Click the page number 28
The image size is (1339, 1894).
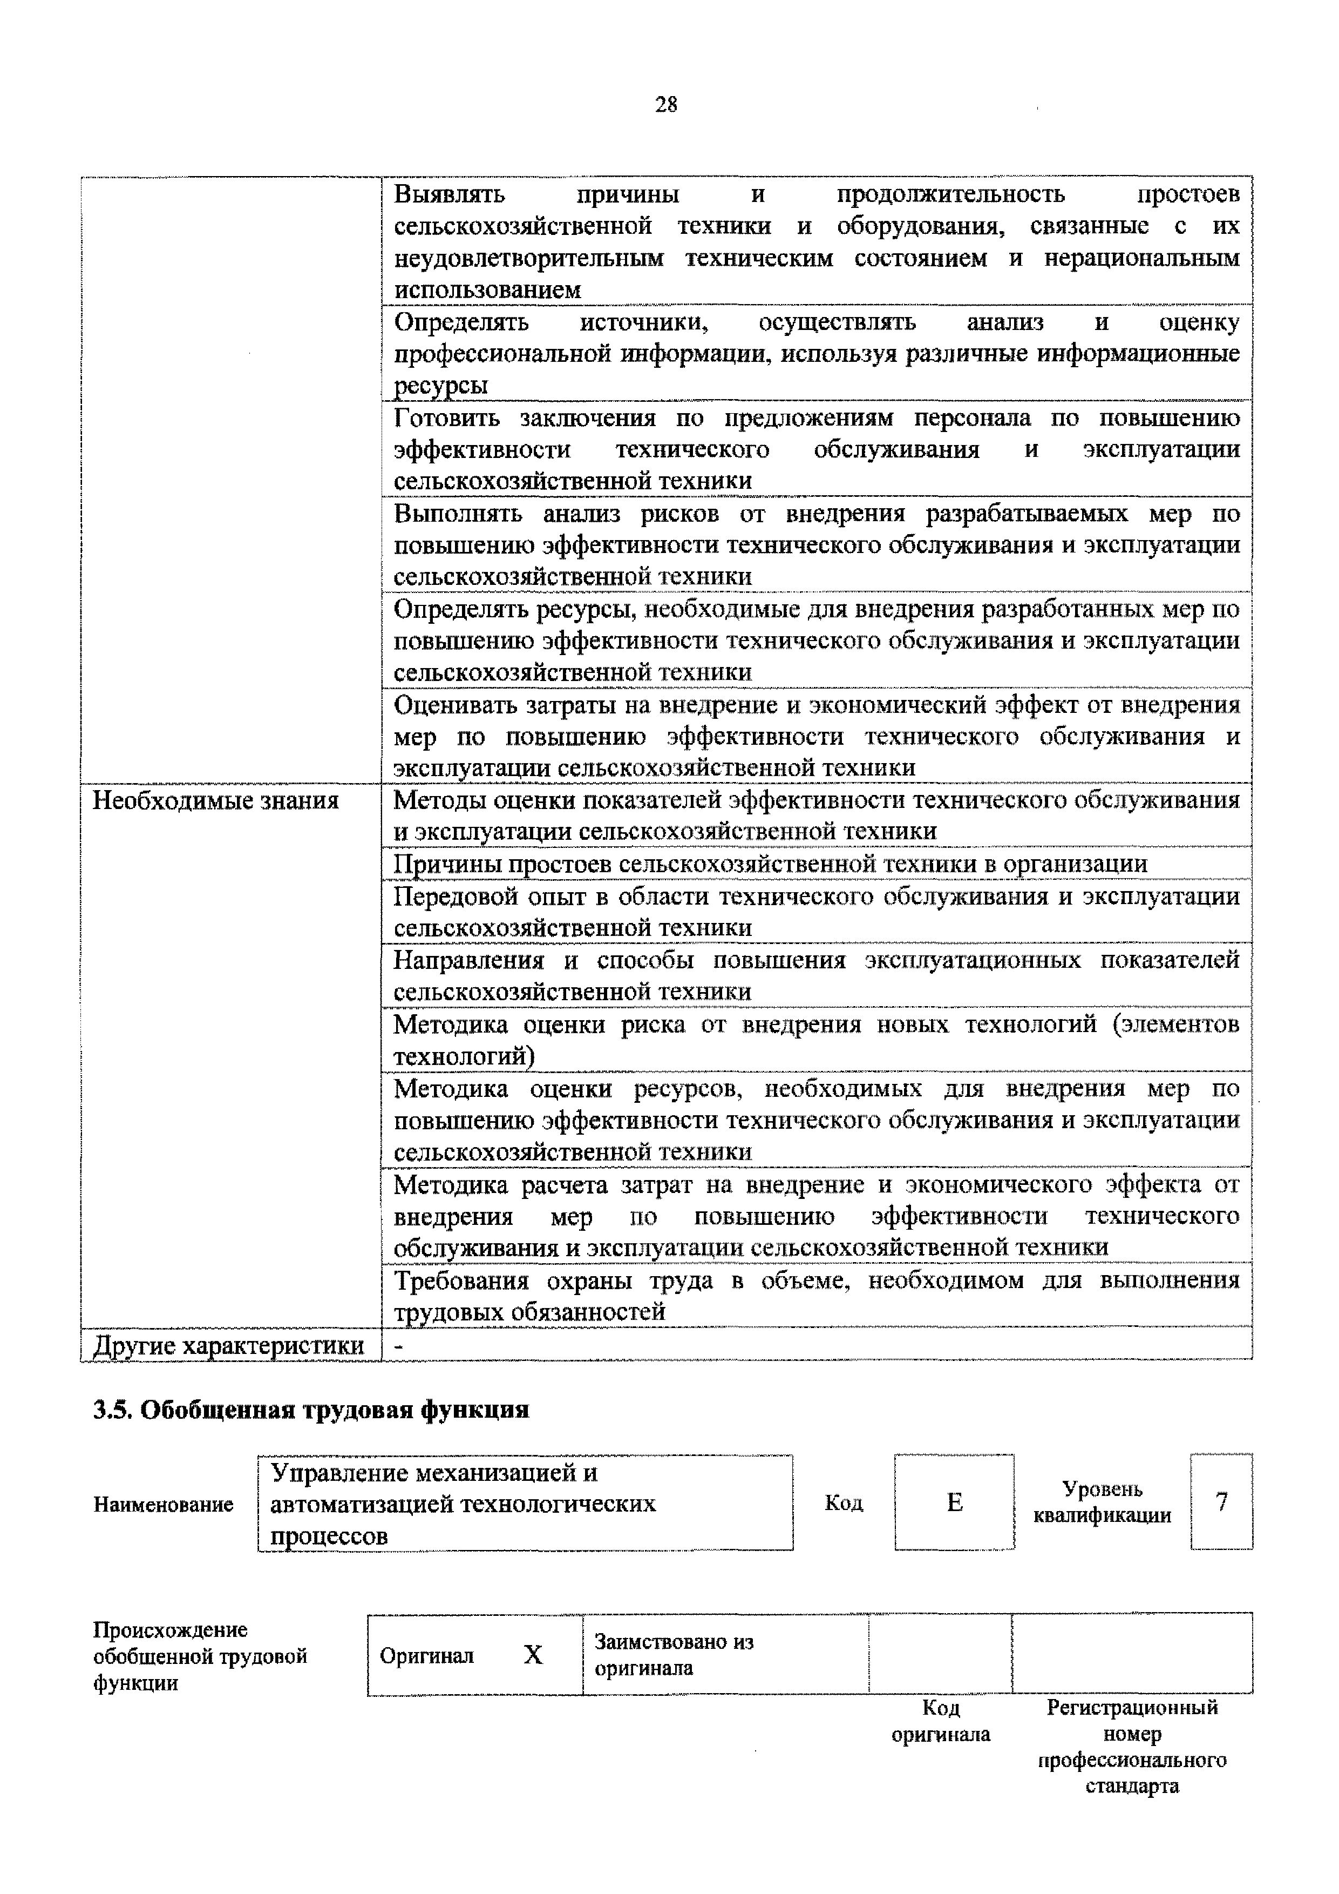pyautogui.click(x=665, y=105)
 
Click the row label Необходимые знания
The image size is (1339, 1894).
pyautogui.click(x=215, y=800)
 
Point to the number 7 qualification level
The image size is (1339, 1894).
pyautogui.click(x=1221, y=1501)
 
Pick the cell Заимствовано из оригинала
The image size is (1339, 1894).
pyautogui.click(x=674, y=1654)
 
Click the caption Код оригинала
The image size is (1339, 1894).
pyautogui.click(x=940, y=1720)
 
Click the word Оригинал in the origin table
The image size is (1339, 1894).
pyautogui.click(x=426, y=1655)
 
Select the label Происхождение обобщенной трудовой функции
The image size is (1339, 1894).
pyautogui.click(x=200, y=1656)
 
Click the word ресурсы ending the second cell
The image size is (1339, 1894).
pyautogui.click(x=440, y=385)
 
